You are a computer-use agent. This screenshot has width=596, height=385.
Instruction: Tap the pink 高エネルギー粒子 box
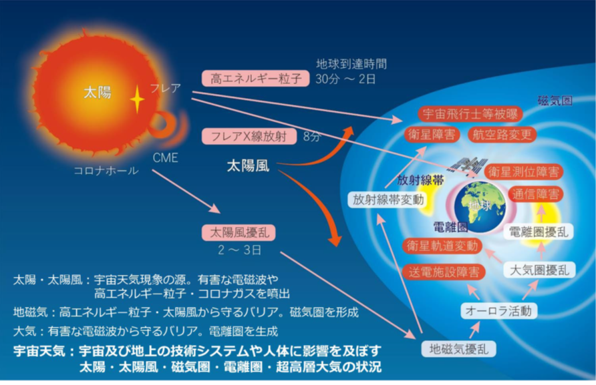tap(255, 79)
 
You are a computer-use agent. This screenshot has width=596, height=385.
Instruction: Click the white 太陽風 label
tap(248, 165)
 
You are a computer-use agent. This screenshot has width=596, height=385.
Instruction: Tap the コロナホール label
tap(106, 171)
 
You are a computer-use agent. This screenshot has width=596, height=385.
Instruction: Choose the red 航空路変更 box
tap(502, 134)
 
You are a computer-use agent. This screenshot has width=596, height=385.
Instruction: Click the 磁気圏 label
tap(555, 101)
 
